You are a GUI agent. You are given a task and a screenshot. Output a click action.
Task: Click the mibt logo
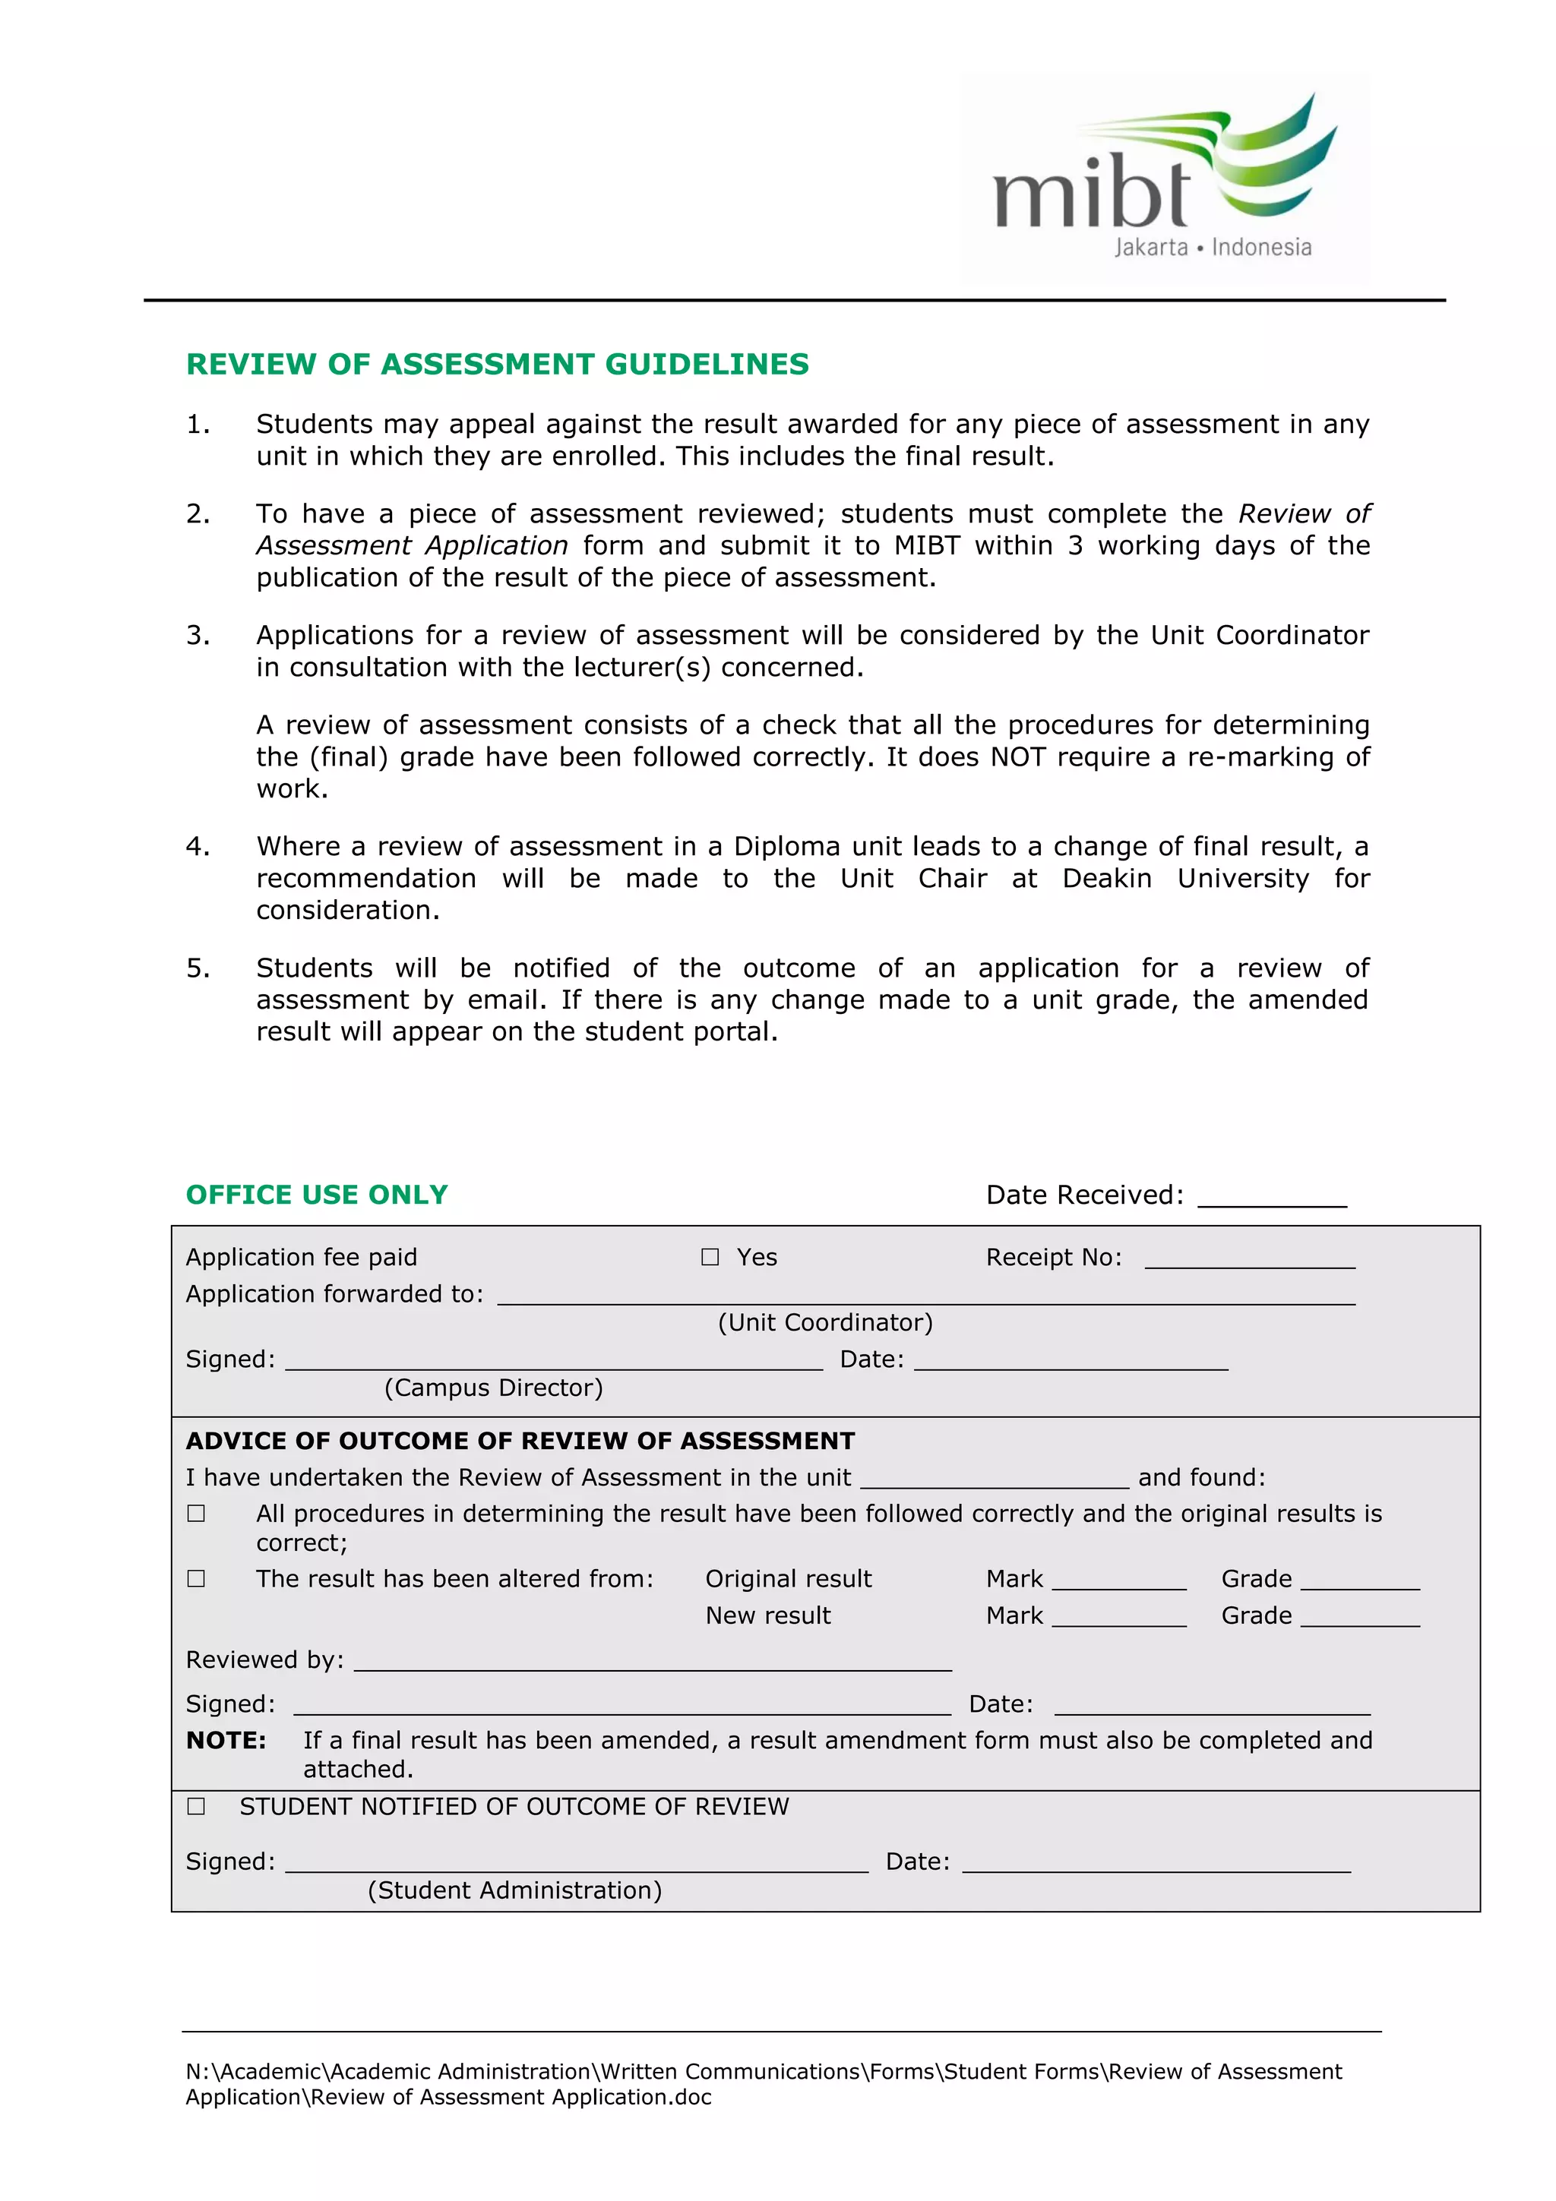point(1164,178)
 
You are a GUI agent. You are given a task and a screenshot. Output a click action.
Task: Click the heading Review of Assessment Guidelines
point(497,365)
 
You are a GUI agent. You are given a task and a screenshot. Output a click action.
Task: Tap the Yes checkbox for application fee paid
point(710,1257)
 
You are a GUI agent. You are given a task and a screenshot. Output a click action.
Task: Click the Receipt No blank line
point(1249,1260)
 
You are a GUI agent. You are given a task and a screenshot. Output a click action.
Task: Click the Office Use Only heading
point(316,1195)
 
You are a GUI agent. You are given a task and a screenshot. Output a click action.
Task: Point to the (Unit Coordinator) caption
point(824,1323)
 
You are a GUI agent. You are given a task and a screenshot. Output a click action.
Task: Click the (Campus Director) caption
point(493,1388)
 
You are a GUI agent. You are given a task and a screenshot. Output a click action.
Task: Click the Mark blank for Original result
point(1118,1582)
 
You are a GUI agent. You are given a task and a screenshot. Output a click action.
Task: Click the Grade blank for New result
point(1359,1618)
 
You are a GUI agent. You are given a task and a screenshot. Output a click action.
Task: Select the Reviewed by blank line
point(652,1663)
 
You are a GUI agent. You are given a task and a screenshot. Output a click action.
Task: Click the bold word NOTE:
point(226,1741)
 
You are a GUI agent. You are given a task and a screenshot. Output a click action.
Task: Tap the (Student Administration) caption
point(514,1890)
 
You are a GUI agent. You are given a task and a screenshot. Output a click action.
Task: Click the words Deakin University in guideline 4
point(1185,879)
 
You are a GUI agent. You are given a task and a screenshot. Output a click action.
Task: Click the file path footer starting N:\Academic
point(763,2084)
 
